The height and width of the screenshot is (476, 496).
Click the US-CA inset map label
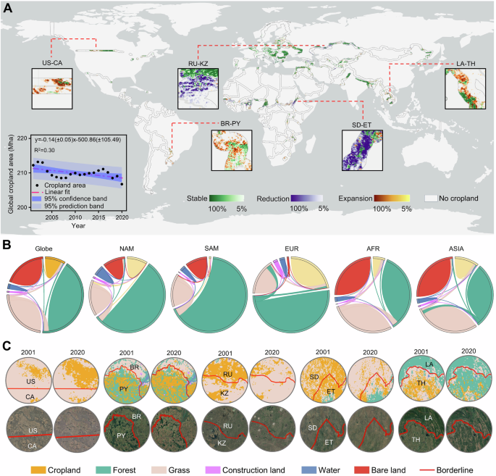coord(51,63)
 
